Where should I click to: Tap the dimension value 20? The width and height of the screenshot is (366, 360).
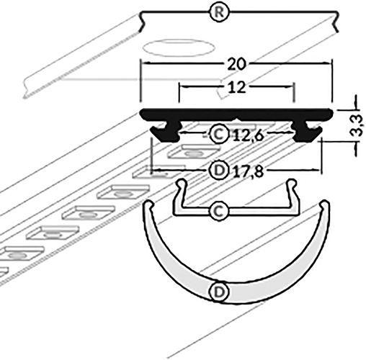(x=235, y=64)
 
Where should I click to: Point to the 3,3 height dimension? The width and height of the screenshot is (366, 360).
(x=353, y=124)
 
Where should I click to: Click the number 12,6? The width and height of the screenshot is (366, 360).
(x=246, y=135)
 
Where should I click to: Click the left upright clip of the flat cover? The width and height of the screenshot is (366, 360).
(x=180, y=193)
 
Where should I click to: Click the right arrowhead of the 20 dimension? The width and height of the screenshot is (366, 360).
(x=330, y=64)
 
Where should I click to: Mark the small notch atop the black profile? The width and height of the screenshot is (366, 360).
(x=237, y=114)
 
